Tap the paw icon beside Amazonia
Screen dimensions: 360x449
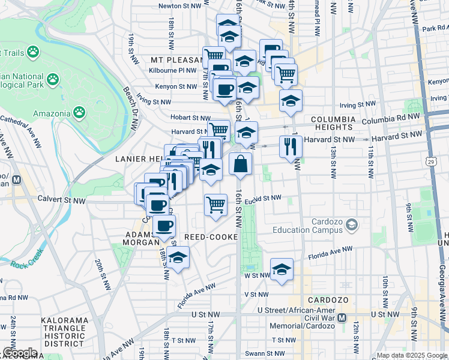79,112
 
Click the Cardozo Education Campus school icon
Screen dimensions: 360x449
352,226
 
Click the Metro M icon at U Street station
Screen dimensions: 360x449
342,317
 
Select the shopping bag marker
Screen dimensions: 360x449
240,164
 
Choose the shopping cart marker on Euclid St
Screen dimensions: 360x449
215,205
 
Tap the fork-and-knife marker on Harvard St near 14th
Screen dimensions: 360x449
291,146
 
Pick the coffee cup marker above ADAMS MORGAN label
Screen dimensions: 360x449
164,226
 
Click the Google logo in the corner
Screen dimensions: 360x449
20,353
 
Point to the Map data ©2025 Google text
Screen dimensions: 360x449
411,355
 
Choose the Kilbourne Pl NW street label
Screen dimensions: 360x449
173,70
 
